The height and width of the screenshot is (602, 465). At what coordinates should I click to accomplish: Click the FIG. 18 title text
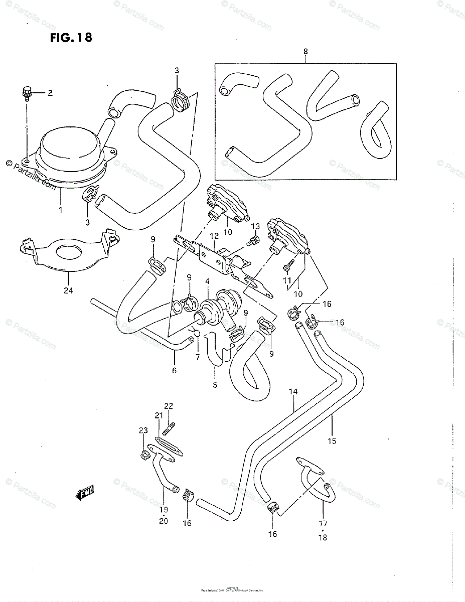pos(71,38)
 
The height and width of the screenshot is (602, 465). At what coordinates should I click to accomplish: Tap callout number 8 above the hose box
pos(305,52)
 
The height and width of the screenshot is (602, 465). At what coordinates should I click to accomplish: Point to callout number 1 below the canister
pos(61,210)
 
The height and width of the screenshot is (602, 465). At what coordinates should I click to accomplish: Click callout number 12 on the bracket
pos(214,236)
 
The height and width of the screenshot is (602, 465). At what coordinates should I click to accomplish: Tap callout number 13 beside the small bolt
pos(255,227)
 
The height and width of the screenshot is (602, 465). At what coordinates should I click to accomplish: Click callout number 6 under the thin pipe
pos(174,370)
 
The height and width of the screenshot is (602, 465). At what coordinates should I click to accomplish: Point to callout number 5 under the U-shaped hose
pos(215,385)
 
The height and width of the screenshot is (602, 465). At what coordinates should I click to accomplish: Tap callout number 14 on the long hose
pos(293,391)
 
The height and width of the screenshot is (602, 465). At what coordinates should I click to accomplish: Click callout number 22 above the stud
pos(168,406)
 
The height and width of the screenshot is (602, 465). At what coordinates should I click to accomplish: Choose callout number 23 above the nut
pos(143,430)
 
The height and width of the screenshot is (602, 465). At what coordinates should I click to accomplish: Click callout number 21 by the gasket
pos(159,415)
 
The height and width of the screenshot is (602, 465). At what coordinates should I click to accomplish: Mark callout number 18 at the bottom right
pos(322,537)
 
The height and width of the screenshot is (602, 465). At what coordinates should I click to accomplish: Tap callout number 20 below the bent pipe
pos(163,521)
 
